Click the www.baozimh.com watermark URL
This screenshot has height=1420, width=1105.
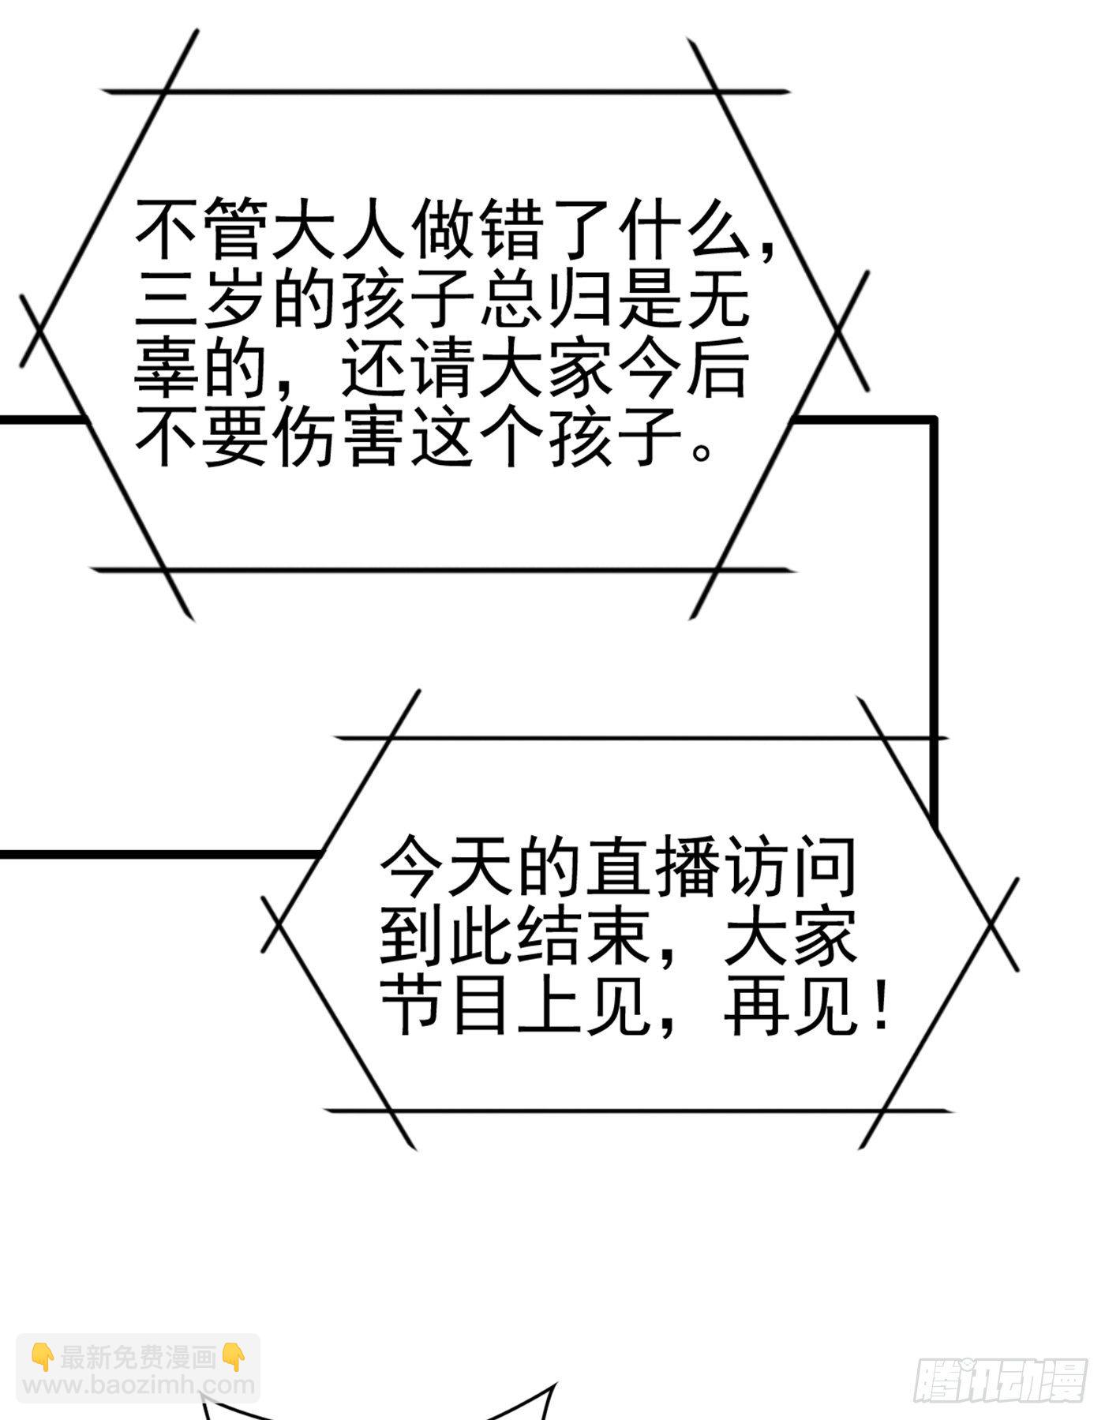[139, 1383]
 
